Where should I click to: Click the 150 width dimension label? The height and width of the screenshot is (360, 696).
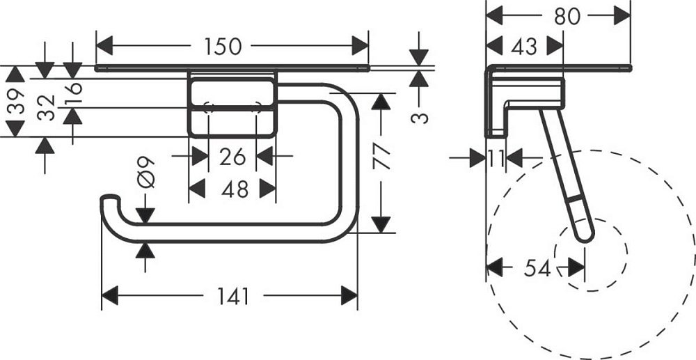pos(223,47)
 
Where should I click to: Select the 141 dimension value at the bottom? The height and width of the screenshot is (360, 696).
pos(232,297)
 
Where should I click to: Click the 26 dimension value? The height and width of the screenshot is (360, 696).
pos(232,157)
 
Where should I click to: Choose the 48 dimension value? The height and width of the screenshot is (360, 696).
pos(232,188)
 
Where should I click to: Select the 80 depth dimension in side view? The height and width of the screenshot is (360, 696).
pos(567,15)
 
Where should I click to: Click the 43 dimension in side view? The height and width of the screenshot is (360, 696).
pos(523,46)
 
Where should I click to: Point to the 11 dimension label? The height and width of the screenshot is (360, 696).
pos(496,159)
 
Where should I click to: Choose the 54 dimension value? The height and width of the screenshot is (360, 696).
pos(536,268)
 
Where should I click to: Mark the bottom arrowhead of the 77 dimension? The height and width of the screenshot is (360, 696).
pos(379,224)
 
